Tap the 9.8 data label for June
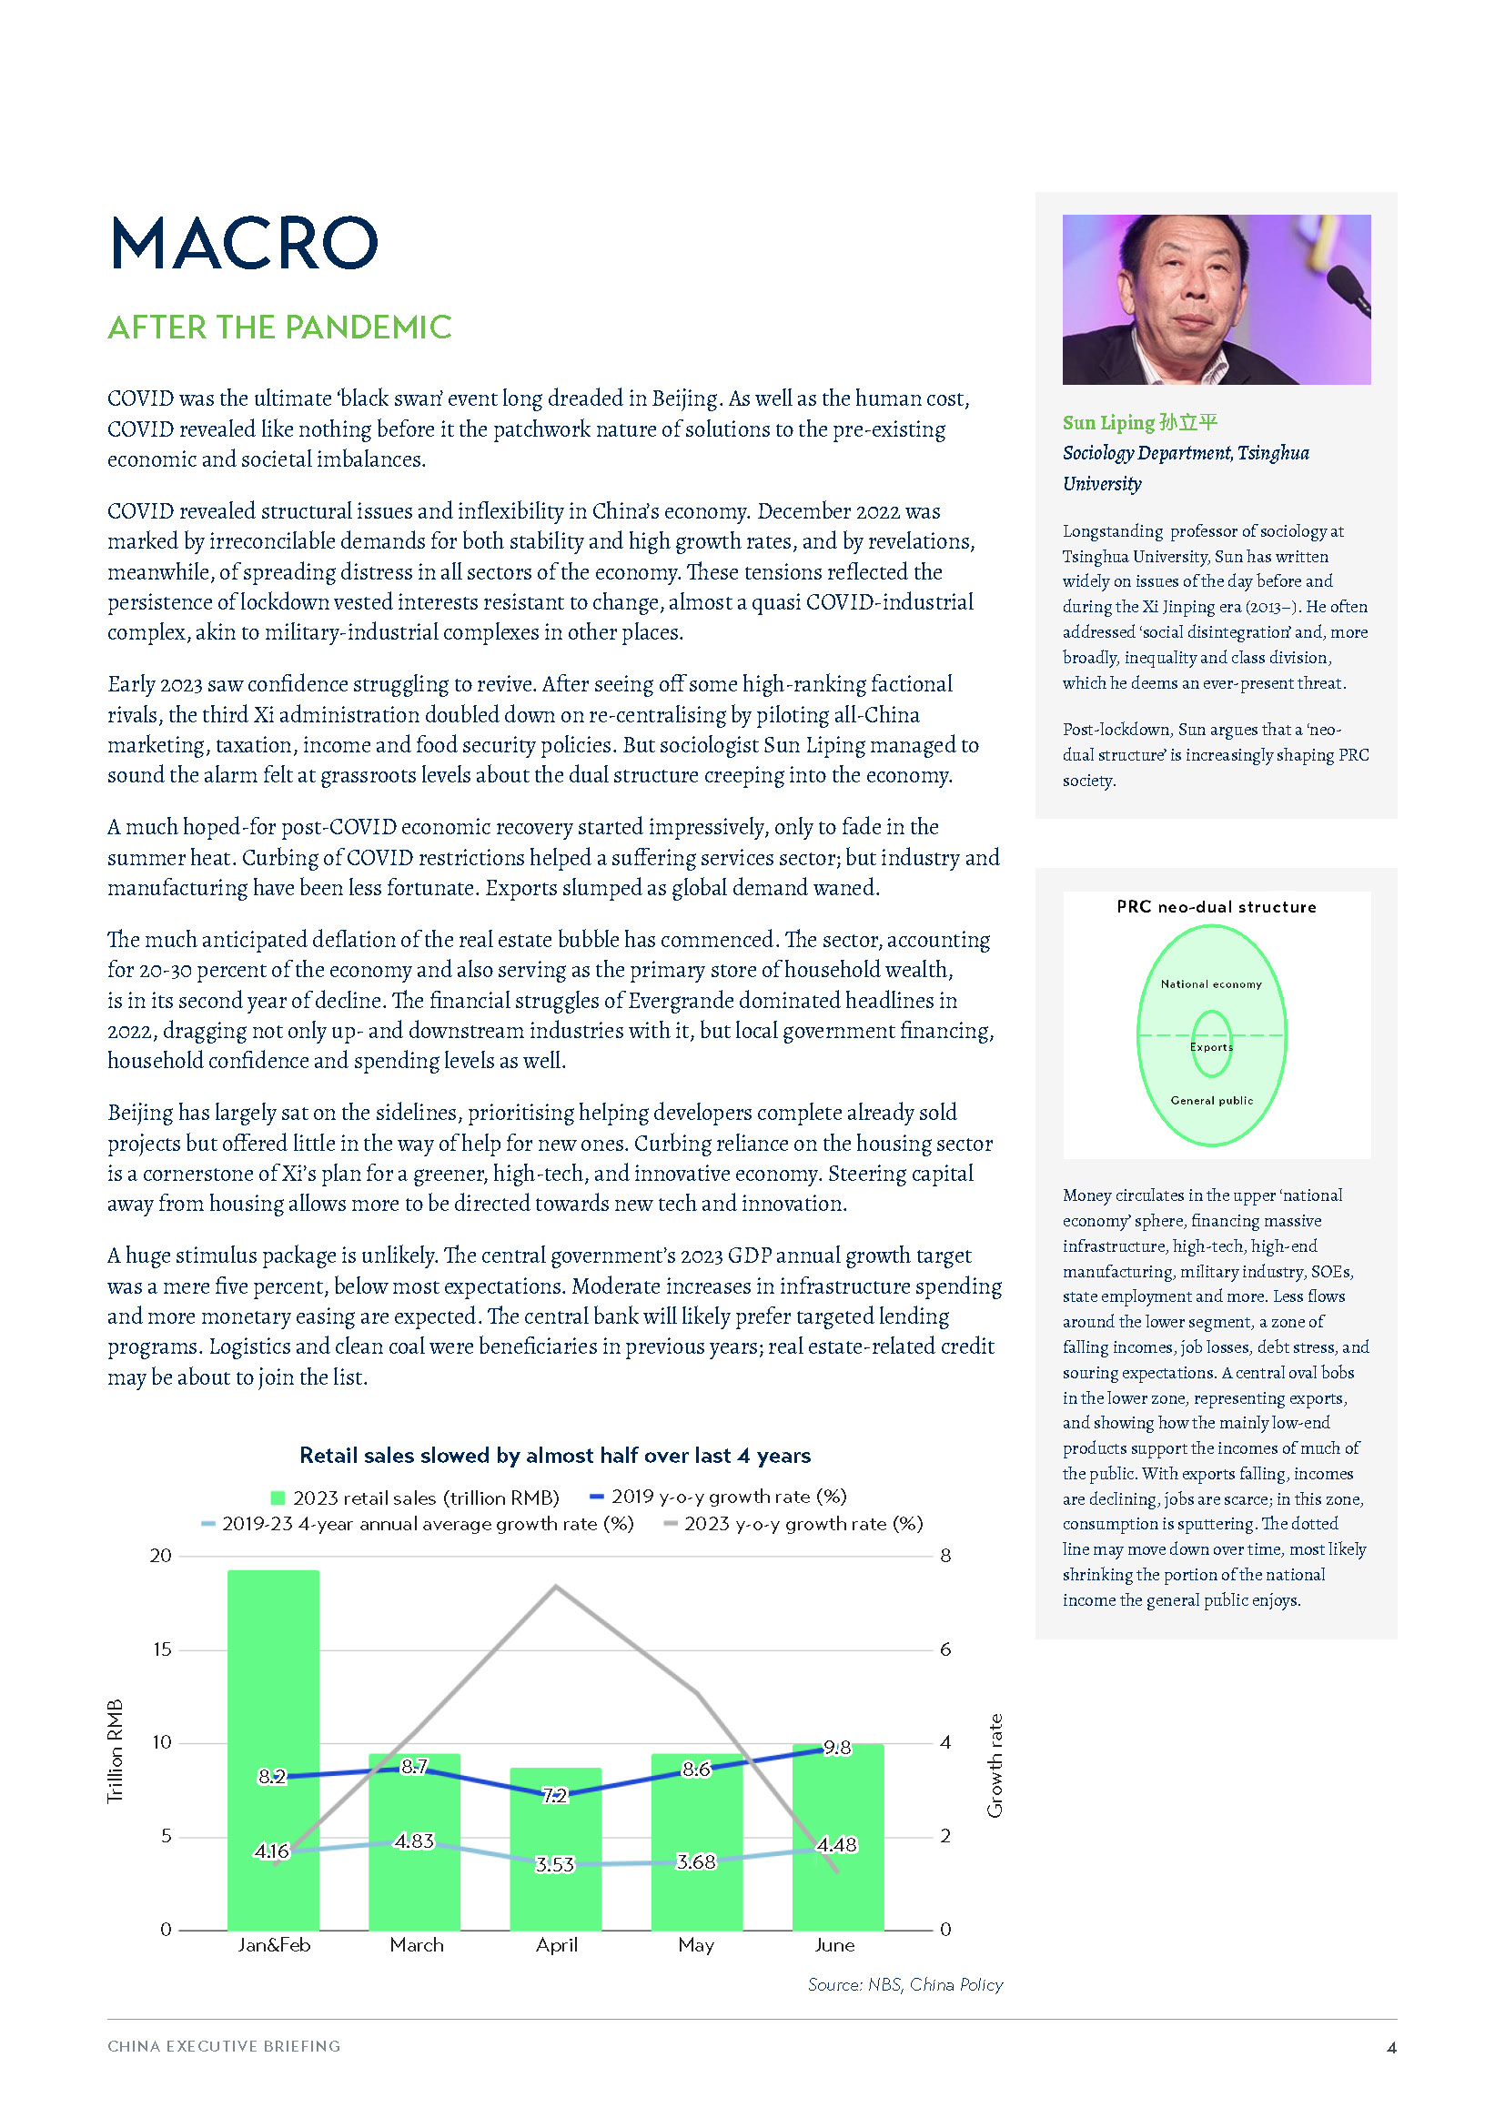click(837, 1747)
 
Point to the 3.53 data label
click(554, 1864)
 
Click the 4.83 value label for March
click(413, 1841)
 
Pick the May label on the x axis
click(696, 1944)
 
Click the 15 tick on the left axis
click(162, 1649)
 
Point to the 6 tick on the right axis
click(945, 1649)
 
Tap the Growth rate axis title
click(995, 1765)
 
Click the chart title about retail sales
click(554, 1455)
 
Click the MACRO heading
click(244, 244)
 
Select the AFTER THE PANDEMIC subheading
click(279, 328)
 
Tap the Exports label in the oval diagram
click(1211, 1046)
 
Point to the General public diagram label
click(1211, 1100)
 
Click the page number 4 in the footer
click(1391, 2047)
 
